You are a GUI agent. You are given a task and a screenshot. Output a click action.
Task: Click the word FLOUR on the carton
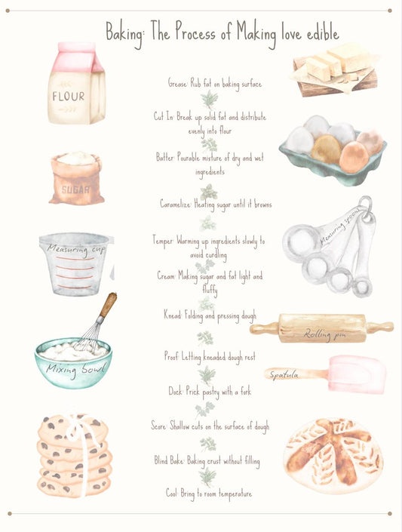69,97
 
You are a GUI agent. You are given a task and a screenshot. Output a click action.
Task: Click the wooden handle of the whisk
108,305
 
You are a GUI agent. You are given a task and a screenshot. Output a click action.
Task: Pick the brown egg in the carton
326,149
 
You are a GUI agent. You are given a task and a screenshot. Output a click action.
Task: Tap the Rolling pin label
324,333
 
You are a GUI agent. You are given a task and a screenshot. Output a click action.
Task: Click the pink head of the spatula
355,374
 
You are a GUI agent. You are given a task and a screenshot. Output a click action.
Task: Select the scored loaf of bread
333,455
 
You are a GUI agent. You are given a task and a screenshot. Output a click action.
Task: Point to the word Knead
173,314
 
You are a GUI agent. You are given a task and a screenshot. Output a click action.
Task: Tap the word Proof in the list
172,355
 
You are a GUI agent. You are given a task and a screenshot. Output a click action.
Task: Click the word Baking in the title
125,32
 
